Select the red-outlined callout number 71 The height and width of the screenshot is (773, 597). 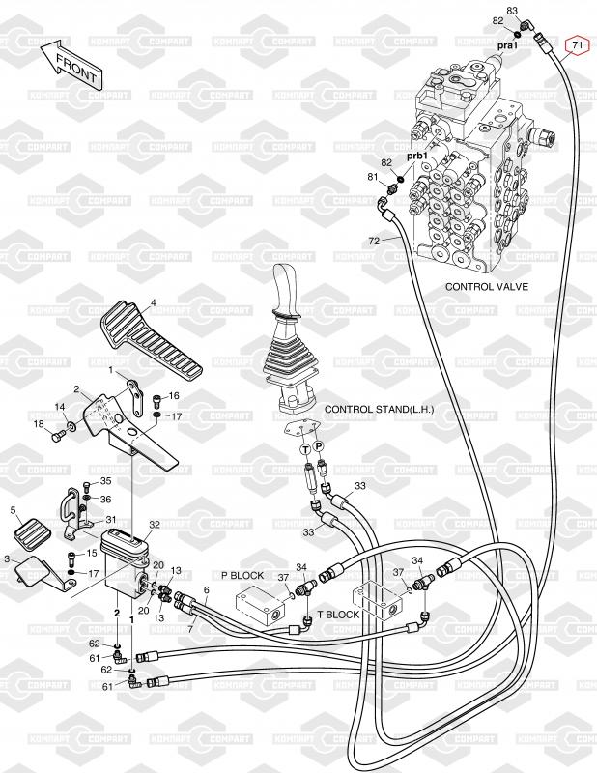(576, 45)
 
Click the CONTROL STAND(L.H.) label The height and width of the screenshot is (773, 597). (380, 410)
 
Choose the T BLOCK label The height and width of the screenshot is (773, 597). (338, 614)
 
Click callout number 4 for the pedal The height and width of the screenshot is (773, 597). (153, 303)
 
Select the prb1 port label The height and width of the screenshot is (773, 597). (416, 156)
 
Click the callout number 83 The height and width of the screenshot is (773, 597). (512, 11)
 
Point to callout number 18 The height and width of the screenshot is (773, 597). (39, 424)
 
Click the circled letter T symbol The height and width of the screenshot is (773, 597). (305, 448)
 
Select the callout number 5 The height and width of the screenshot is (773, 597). (14, 510)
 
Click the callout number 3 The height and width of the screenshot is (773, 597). (8, 558)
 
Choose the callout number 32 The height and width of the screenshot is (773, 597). (154, 525)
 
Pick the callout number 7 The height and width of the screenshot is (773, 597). (190, 629)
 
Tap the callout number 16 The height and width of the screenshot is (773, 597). (174, 396)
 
